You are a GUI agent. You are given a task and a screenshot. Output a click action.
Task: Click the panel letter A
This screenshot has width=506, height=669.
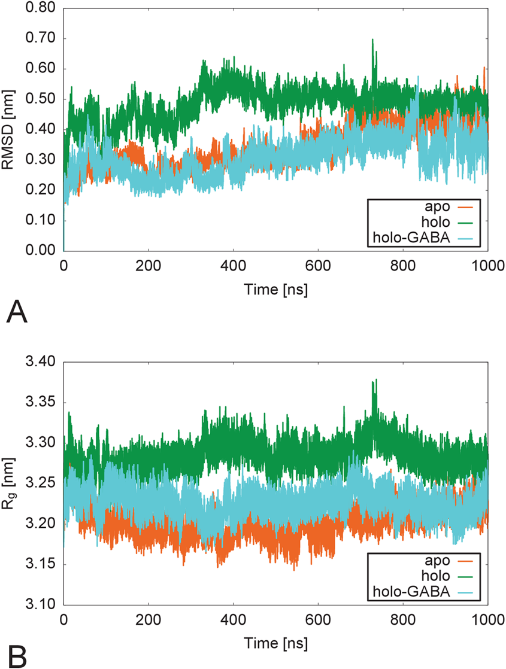coord(17,312)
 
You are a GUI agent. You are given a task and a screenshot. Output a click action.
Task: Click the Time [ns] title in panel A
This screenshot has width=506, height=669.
coord(275,289)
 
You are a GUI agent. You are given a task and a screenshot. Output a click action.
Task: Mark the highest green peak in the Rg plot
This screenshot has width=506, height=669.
coord(375,380)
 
